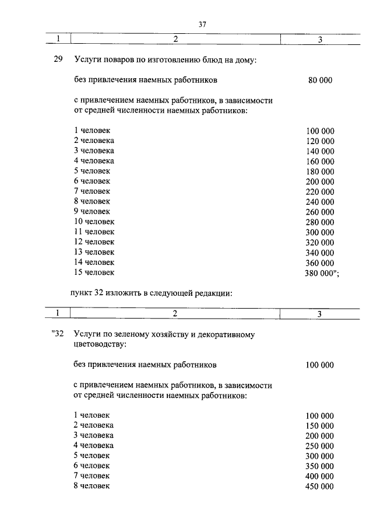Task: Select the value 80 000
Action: pyautogui.click(x=320, y=80)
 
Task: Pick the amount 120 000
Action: pyautogui.click(x=320, y=141)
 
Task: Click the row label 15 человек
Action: pyautogui.click(x=94, y=272)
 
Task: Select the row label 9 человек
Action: pyautogui.click(x=92, y=211)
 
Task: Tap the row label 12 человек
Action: pyautogui.click(x=94, y=242)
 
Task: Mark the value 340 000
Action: pyautogui.click(x=320, y=253)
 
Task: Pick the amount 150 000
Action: pyautogui.click(x=320, y=426)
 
